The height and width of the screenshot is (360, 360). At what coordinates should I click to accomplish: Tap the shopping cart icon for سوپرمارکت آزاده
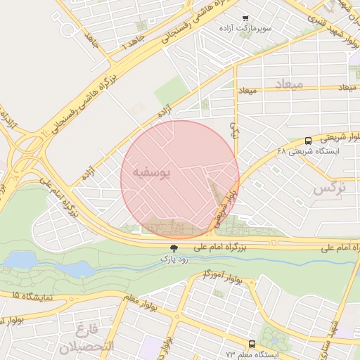[245, 18]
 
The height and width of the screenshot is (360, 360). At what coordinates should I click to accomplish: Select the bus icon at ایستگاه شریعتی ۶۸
[309, 140]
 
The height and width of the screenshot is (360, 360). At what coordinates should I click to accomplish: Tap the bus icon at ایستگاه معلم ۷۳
[252, 344]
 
